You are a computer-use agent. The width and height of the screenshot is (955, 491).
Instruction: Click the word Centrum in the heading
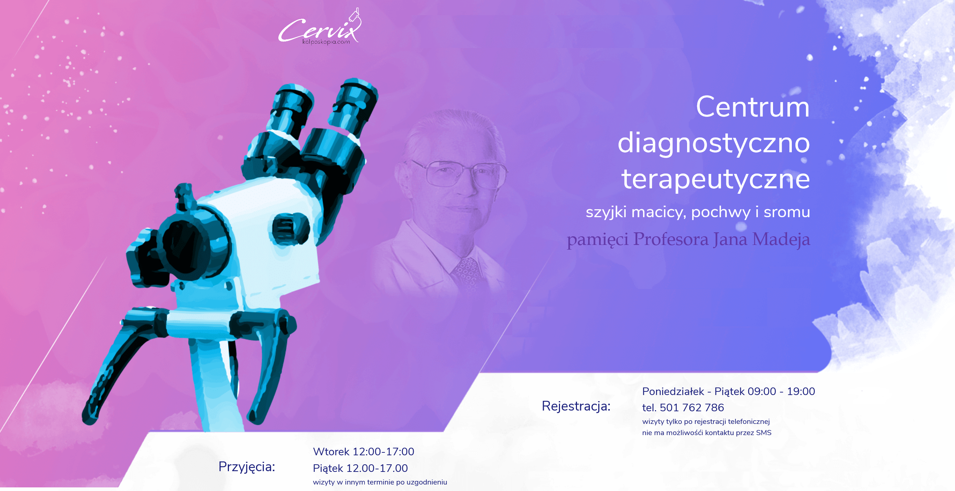[x=752, y=107]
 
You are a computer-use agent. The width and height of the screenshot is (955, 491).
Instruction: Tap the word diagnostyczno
[x=714, y=144]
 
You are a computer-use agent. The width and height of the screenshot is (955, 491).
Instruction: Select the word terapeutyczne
[x=716, y=179]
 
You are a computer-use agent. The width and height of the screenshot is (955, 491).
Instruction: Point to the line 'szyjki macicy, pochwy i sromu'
[x=698, y=212]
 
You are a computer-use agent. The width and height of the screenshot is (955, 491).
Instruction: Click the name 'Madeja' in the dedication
[x=781, y=239]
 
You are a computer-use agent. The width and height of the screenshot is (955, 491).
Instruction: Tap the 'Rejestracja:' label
[x=576, y=407]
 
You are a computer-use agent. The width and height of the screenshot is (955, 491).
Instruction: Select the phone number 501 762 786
[x=692, y=408]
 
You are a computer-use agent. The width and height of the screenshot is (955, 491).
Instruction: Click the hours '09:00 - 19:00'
[x=781, y=391]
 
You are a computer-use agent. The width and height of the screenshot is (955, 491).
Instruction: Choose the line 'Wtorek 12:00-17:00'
[x=364, y=452]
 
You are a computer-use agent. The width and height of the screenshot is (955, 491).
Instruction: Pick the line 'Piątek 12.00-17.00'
[x=360, y=468]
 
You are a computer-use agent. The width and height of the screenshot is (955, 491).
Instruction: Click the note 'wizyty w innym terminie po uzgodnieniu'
[x=380, y=482]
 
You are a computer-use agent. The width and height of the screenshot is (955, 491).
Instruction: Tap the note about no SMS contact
[x=707, y=433]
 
